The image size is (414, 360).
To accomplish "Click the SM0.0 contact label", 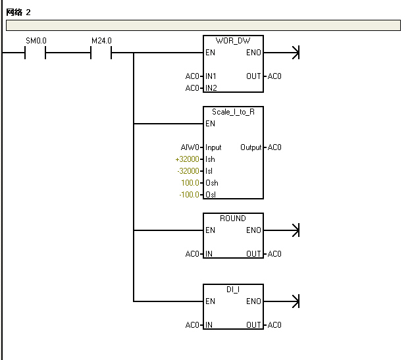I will (36, 41).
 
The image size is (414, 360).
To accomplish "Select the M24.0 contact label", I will (101, 41).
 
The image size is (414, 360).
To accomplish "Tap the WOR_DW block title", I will (234, 41).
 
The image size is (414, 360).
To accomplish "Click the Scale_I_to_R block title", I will (234, 112).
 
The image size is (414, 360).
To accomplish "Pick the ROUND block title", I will (233, 219).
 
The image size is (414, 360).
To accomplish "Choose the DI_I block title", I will (233, 290).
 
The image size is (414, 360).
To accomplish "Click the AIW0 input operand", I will (190, 147).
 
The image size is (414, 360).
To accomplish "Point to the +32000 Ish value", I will (187, 159).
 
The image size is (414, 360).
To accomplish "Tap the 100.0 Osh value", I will (190, 183).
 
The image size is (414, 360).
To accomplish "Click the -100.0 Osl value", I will (188, 195).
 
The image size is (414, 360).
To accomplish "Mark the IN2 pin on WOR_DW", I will (211, 88).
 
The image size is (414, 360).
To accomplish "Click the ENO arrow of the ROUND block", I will (295, 230).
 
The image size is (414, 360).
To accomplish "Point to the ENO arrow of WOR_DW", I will (295, 53).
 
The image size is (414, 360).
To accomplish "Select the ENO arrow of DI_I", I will (295, 301).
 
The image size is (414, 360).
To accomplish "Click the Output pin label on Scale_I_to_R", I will (251, 147).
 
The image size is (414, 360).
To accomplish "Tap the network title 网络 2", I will (18, 13).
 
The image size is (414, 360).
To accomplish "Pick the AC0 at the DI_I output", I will (274, 325).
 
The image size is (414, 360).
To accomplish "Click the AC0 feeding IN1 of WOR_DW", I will (192, 76).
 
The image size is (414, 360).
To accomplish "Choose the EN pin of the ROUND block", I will (210, 230).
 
